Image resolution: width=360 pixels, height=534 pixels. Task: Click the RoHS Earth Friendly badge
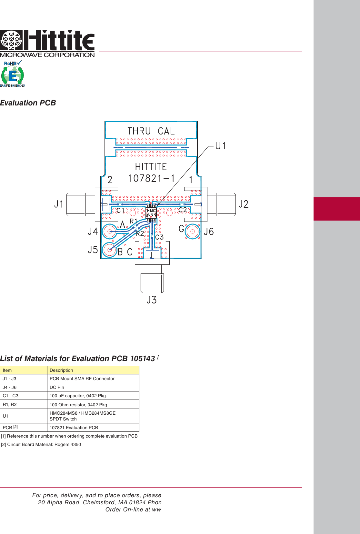coord(13,74)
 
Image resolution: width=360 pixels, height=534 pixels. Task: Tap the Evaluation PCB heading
coord(28,103)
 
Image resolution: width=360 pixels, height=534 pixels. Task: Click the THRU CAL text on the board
coord(151,131)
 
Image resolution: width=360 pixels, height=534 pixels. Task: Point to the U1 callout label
coord(221,146)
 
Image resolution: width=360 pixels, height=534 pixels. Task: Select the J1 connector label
coord(59,204)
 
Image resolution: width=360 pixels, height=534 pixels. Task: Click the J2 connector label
coord(244,204)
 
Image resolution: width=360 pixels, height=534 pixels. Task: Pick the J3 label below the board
coord(152,300)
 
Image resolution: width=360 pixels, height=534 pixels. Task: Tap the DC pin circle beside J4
coord(110,232)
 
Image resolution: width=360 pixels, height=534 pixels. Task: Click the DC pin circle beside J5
coord(110,250)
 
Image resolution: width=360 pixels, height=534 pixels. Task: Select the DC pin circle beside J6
coord(193,231)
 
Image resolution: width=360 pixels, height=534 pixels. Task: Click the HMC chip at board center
coord(151,213)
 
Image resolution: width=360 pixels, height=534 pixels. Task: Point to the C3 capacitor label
coord(159,237)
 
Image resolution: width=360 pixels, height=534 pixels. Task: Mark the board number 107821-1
coord(151,178)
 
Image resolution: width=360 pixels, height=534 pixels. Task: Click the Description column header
coord(61,370)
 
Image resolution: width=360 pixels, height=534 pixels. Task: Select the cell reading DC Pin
coord(57,387)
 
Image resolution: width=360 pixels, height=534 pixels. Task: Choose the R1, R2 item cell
coord(10,404)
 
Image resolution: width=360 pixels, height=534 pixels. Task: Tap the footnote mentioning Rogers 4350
coord(41,444)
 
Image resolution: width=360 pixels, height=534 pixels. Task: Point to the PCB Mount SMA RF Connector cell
coord(82,379)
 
